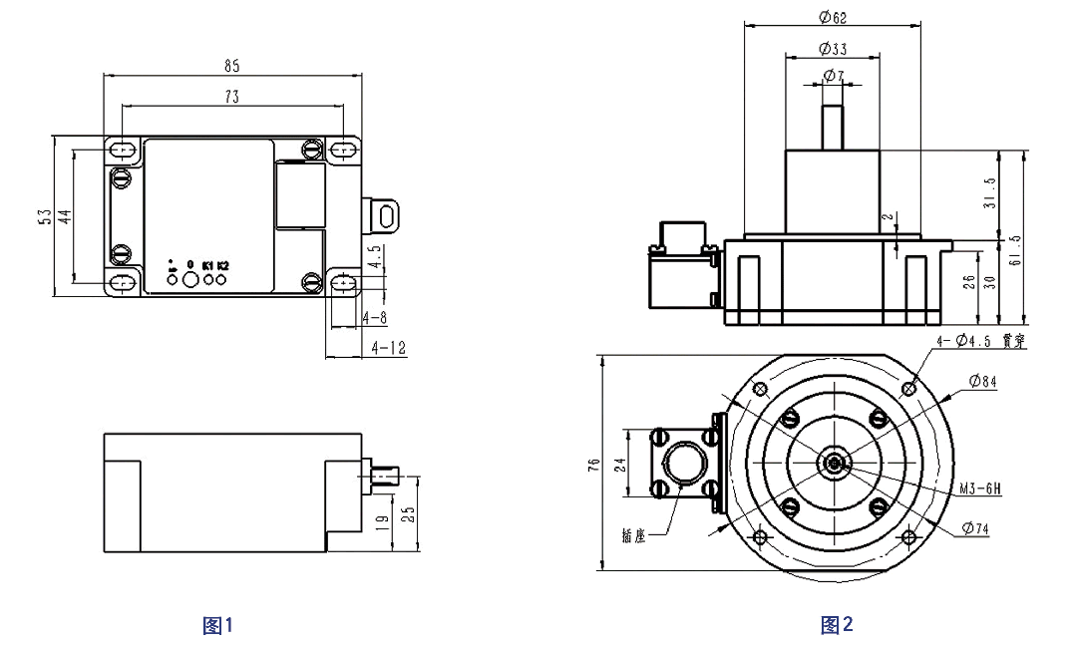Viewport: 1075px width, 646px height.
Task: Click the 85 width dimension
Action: click(x=232, y=66)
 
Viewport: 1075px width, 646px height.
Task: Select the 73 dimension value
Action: click(x=231, y=97)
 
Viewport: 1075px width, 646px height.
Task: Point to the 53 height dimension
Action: click(x=44, y=217)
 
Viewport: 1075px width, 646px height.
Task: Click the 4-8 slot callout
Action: click(x=376, y=317)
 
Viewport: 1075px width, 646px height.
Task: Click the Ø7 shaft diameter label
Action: click(x=833, y=77)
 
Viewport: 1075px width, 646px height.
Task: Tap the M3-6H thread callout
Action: click(x=978, y=489)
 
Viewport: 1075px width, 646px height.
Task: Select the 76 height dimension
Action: click(x=593, y=464)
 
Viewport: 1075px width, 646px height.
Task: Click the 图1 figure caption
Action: click(x=217, y=625)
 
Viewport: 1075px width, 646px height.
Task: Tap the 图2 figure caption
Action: click(x=837, y=625)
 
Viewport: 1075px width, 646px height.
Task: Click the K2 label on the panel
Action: click(x=222, y=265)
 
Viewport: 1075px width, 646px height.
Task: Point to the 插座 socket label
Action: click(x=633, y=536)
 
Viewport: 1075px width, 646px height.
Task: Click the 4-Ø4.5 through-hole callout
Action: click(x=980, y=341)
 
